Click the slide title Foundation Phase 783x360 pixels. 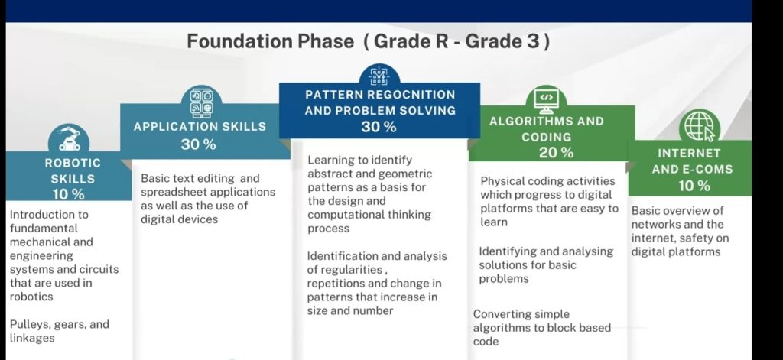point(270,41)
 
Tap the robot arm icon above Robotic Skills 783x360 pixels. point(69,138)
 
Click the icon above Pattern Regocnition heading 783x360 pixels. point(379,76)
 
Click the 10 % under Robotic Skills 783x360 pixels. point(68,194)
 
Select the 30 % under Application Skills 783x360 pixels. point(198,144)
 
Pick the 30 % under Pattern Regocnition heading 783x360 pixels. point(379,127)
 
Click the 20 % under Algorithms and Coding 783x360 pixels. point(556,153)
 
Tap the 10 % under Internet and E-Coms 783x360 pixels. point(694,186)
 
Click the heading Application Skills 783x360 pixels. point(200,127)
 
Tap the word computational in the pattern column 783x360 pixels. point(342,216)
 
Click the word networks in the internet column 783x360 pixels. point(653,225)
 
